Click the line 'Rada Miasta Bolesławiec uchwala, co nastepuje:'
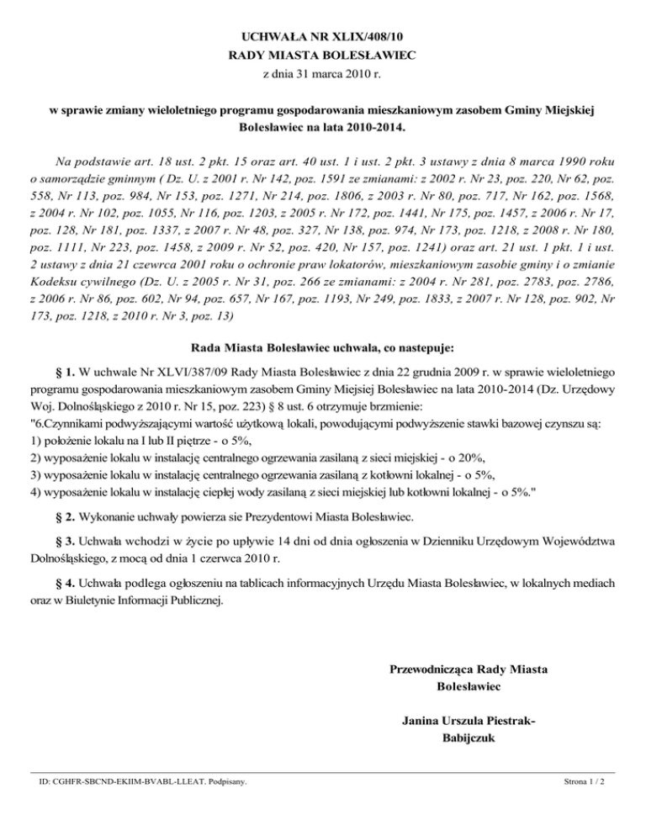click(x=323, y=346)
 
